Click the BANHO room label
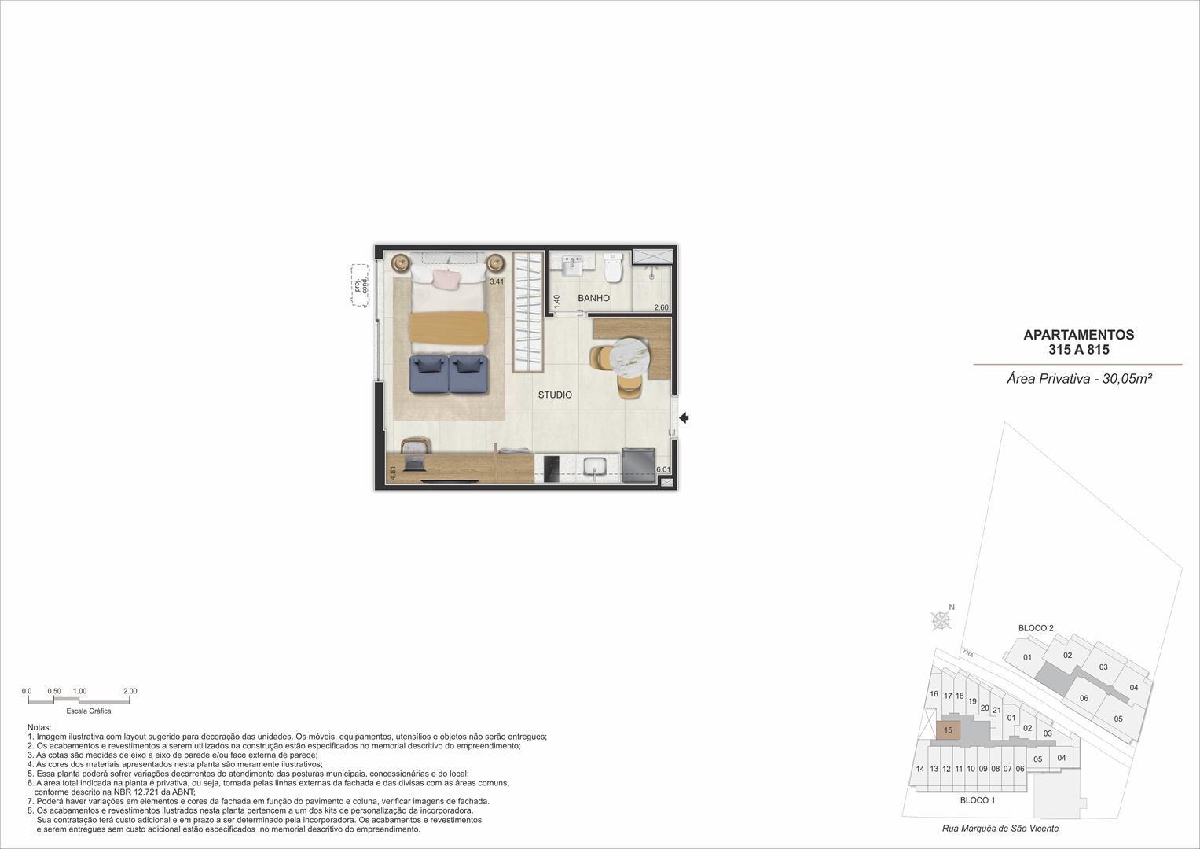[593, 298]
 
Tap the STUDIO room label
[555, 395]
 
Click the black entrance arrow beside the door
[684, 417]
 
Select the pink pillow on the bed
[447, 279]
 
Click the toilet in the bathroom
[613, 267]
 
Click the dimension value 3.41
[497, 281]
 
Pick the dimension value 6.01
[663, 469]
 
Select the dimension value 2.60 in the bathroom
[661, 307]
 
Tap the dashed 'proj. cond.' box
[360, 285]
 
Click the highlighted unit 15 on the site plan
[949, 730]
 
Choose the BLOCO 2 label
[1036, 628]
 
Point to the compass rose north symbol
[941, 620]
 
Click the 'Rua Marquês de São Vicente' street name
[1000, 829]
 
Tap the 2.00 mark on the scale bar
[130, 691]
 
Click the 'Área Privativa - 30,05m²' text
[1080, 379]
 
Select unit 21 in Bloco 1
[996, 710]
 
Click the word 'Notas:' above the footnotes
[39, 727]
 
